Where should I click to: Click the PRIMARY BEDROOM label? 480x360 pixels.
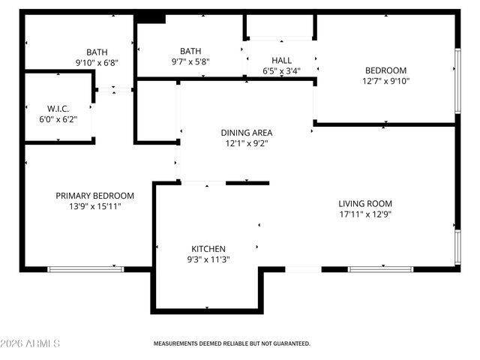point(95,195)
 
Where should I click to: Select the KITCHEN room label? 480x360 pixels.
point(208,249)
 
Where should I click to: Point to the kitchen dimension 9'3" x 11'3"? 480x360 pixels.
point(208,259)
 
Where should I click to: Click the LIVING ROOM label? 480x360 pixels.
point(365,203)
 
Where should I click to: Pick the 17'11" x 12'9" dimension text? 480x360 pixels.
point(365,214)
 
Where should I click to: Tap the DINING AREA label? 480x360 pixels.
point(246,133)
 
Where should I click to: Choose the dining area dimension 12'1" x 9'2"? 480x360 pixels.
point(246,143)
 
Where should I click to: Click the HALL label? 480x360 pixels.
point(282,61)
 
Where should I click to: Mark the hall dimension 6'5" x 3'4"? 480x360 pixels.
point(282,71)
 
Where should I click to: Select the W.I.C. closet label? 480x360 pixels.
point(58,108)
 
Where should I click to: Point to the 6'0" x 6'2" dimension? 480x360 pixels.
point(58,118)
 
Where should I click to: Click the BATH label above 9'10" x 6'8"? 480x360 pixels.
point(97,52)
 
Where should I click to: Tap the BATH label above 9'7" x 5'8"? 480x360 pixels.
point(190,51)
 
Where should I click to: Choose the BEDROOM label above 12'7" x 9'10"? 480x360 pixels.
point(385,70)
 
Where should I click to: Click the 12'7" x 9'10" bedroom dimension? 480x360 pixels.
point(385,81)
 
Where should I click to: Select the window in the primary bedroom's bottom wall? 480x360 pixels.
point(85,268)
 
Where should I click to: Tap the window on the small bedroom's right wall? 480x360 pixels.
point(457,81)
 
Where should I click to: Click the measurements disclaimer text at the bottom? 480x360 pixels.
point(232,343)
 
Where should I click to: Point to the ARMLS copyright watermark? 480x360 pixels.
point(31,343)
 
